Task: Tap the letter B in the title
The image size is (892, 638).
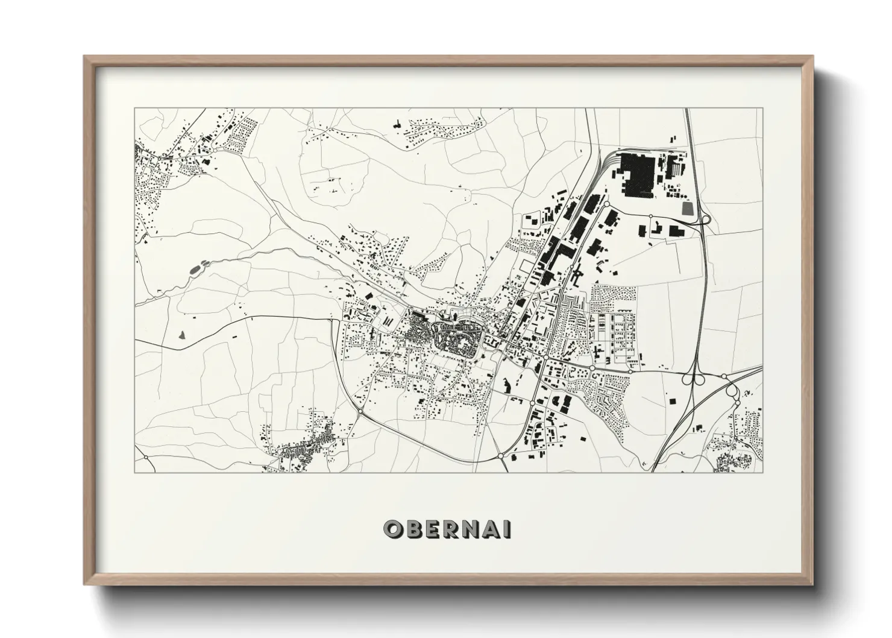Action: pos(412,529)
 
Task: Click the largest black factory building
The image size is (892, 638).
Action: pos(638,174)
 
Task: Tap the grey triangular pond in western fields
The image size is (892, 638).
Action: pos(181,334)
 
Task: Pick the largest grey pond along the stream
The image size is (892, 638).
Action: pos(194,270)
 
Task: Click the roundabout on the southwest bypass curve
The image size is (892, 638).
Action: pos(360,412)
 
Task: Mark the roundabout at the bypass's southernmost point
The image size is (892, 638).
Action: pos(501,456)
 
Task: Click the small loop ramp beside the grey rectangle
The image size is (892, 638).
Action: pos(705,220)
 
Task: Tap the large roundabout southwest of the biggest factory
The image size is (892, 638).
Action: pos(606,204)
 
